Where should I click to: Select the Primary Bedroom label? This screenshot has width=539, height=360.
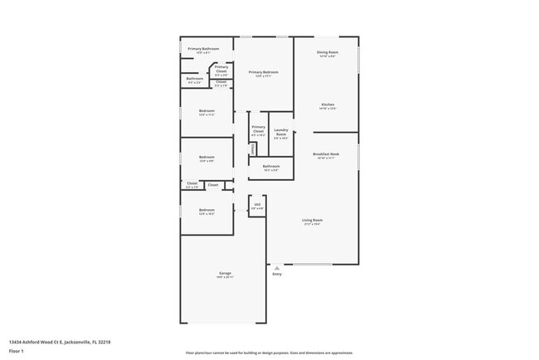[x=264, y=72]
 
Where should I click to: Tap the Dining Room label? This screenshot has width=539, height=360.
[x=327, y=53]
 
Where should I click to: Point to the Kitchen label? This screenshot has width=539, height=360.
[x=328, y=105]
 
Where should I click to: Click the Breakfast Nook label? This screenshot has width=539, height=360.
[x=327, y=154]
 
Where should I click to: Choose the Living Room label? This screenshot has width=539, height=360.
[x=312, y=220]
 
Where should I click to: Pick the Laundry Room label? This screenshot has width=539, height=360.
[x=280, y=133]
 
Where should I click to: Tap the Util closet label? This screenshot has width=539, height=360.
[x=257, y=204]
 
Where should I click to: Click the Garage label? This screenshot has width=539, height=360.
[x=224, y=273]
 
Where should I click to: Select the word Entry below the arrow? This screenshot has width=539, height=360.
[x=277, y=274]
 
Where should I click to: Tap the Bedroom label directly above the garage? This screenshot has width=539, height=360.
[x=206, y=210]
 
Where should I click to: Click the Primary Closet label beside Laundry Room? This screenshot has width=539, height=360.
[x=258, y=129]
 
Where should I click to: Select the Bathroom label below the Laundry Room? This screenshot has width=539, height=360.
[x=271, y=166]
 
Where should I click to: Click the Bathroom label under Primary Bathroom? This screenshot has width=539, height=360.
[x=195, y=79]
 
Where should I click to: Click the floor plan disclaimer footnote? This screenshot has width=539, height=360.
[x=269, y=353]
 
